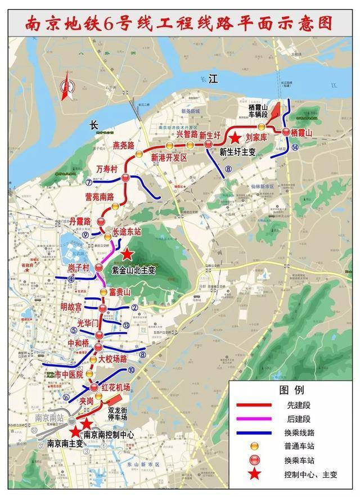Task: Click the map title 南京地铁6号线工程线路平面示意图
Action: click(179, 24)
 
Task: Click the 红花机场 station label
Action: click(116, 387)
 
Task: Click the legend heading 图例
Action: click(291, 390)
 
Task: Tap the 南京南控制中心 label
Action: click(109, 435)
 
